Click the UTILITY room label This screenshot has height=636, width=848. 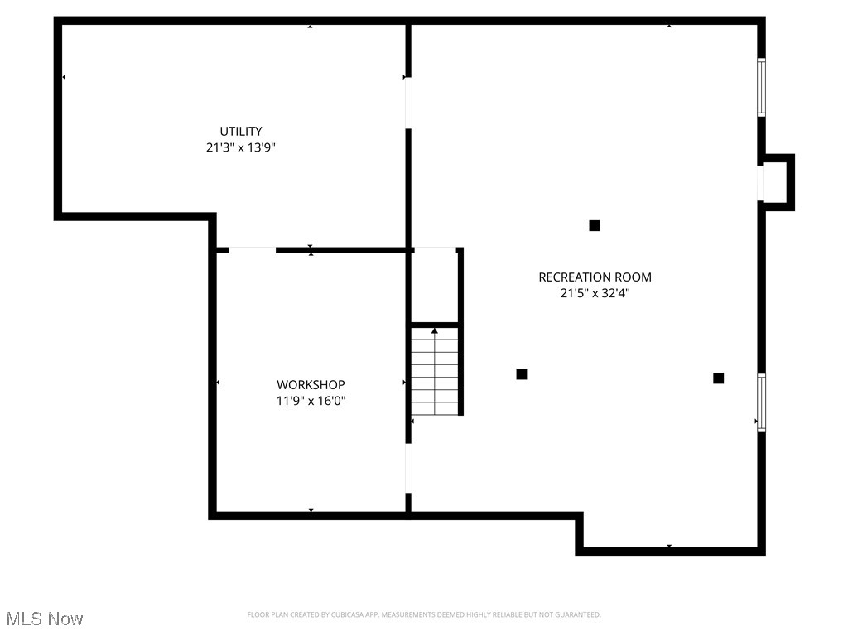point(241,131)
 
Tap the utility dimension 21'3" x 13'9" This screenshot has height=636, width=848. point(241,147)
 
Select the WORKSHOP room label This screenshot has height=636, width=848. point(311,384)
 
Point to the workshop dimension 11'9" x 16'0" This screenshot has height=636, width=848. point(311,401)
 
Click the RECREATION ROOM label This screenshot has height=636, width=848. point(595,277)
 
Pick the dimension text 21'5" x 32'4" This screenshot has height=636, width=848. point(595,292)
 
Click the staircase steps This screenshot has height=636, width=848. point(436,373)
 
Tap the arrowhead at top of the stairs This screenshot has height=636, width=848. point(435,330)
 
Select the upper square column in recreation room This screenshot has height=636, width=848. point(594,225)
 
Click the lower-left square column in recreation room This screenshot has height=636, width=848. point(522,374)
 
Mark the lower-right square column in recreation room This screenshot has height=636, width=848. point(718,378)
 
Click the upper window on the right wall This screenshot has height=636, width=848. point(761,87)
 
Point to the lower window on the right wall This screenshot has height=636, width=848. point(761,402)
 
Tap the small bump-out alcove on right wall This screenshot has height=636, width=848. point(776,182)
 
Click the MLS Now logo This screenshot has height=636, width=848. point(44,618)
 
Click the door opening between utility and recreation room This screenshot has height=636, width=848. point(407,104)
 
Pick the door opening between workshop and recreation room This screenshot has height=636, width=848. point(407,470)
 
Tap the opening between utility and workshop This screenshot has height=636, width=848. point(252,248)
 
